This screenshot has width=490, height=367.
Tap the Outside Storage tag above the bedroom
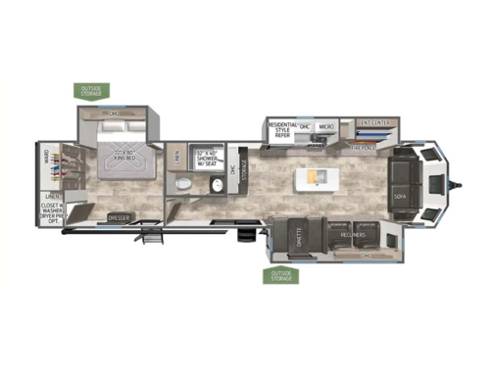tap(95, 91)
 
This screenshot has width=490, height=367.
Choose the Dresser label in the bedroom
tap(120, 216)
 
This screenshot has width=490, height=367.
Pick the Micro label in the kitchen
tap(326, 127)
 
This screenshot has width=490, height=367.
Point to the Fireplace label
tap(366, 148)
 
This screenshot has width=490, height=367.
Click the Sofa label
tap(400, 194)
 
